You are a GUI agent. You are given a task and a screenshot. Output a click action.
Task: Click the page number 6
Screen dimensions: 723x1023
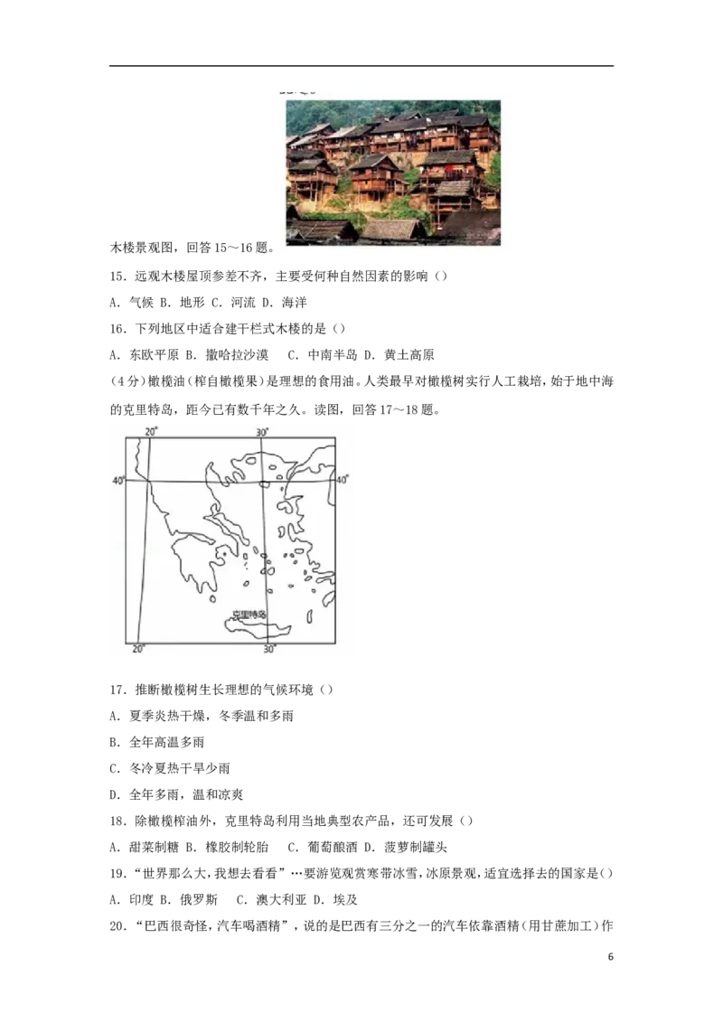click(610, 956)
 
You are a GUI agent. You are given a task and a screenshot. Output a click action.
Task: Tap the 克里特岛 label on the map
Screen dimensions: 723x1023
click(249, 614)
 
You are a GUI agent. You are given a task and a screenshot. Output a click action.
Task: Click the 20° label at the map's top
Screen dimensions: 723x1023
click(152, 431)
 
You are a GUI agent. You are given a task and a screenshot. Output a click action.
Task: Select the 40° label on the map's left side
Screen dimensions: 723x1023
click(118, 480)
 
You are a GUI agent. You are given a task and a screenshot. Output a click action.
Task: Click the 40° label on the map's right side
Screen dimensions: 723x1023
click(342, 480)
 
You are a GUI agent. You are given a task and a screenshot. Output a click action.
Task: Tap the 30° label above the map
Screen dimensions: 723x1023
click(262, 432)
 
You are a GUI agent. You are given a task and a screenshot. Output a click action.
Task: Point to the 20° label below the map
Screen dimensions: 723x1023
click(138, 649)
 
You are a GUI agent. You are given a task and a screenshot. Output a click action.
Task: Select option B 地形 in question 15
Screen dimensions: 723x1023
click(182, 302)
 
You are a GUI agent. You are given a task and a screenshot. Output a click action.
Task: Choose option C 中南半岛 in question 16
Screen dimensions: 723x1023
click(323, 355)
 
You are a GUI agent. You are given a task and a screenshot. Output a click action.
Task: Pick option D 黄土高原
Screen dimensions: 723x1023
click(399, 355)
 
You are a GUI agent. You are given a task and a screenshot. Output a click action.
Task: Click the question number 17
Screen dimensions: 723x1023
click(117, 690)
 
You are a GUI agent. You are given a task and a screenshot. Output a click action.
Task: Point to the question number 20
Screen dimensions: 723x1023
click(117, 925)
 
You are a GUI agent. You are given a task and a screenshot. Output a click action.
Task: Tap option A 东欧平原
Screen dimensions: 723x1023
click(144, 355)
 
